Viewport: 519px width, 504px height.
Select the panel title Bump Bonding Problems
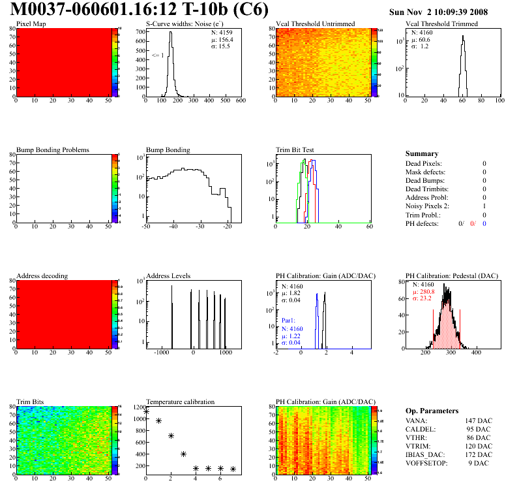53,150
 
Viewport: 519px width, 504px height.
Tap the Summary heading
422,153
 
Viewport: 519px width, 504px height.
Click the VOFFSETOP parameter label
427,463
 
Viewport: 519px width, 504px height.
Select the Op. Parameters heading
432,411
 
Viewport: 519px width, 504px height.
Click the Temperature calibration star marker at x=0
146,411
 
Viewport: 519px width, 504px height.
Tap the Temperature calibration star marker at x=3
183,454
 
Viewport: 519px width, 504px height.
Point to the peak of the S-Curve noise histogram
170,33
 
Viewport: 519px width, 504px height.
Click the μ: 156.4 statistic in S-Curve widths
222,39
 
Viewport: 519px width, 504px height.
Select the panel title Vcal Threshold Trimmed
441,24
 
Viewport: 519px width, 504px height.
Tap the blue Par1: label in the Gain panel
289,321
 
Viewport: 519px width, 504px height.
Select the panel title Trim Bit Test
296,150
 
